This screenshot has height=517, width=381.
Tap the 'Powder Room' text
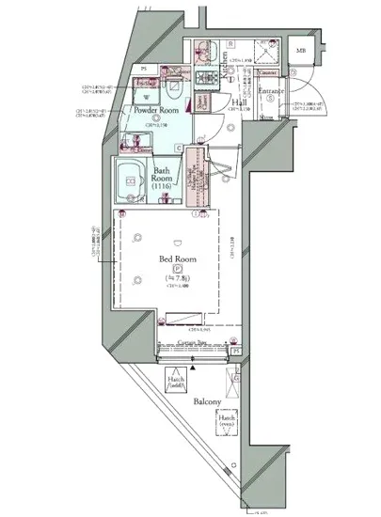click(x=156, y=111)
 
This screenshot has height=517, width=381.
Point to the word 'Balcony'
click(x=208, y=402)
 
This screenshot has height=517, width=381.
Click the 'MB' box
click(x=300, y=51)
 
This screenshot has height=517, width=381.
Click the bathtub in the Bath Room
click(x=127, y=179)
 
